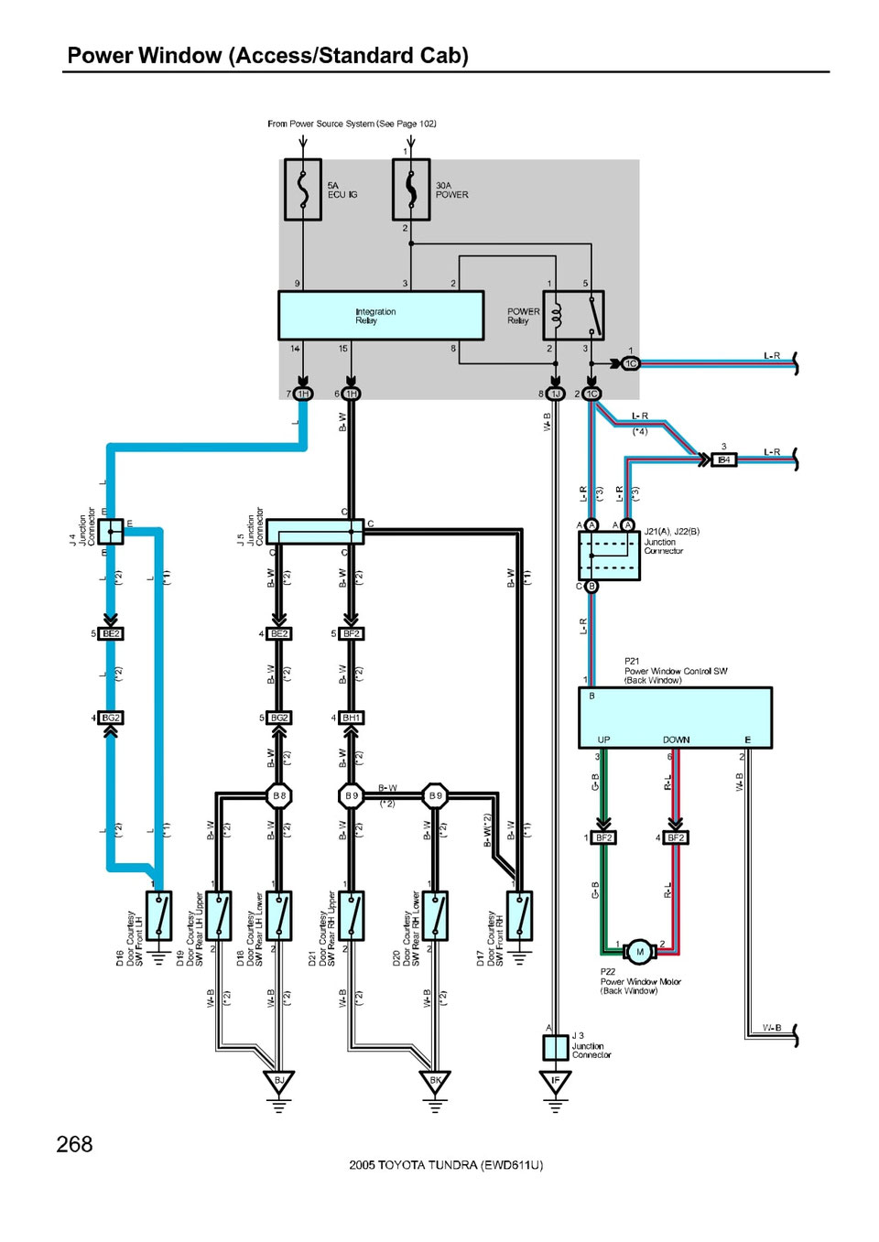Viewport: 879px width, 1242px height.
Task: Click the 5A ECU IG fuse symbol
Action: pyautogui.click(x=303, y=189)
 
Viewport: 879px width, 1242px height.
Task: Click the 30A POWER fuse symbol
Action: pyautogui.click(x=411, y=189)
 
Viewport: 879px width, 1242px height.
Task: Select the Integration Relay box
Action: pyautogui.click(x=381, y=316)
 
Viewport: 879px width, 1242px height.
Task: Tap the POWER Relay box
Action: pyautogui.click(x=574, y=316)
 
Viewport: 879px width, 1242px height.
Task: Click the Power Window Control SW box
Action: pyautogui.click(x=675, y=718)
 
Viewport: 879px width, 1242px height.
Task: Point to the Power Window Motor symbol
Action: pyautogui.click(x=640, y=952)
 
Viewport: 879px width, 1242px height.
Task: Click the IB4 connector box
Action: pyautogui.click(x=724, y=459)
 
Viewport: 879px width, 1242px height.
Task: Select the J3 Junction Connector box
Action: pyautogui.click(x=555, y=1047)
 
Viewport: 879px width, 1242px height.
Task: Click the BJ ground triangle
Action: pyautogui.click(x=279, y=1082)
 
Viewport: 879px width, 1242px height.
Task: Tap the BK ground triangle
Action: pyautogui.click(x=436, y=1082)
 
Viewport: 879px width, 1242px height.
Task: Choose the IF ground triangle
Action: pyautogui.click(x=555, y=1082)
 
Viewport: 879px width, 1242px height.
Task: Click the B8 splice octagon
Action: pyautogui.click(x=279, y=795)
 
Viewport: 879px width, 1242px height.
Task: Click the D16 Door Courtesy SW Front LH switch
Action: pyautogui.click(x=159, y=915)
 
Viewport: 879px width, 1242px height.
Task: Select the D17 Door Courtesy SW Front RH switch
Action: pyautogui.click(x=519, y=915)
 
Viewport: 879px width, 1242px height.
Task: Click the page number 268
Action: pyautogui.click(x=74, y=1144)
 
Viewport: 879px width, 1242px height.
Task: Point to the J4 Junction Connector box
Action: pyautogui.click(x=111, y=531)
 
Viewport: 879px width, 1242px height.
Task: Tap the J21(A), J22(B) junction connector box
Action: pyautogui.click(x=609, y=555)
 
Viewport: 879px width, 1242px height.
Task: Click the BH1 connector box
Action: pyautogui.click(x=352, y=718)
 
